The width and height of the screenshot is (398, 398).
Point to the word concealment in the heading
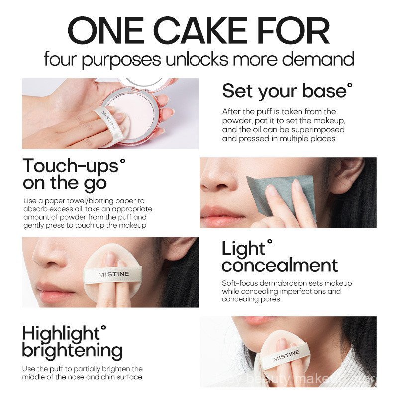tap(280, 265)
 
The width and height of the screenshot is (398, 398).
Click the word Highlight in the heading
tap(64, 333)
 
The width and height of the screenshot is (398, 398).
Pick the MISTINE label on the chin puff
tap(286, 355)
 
